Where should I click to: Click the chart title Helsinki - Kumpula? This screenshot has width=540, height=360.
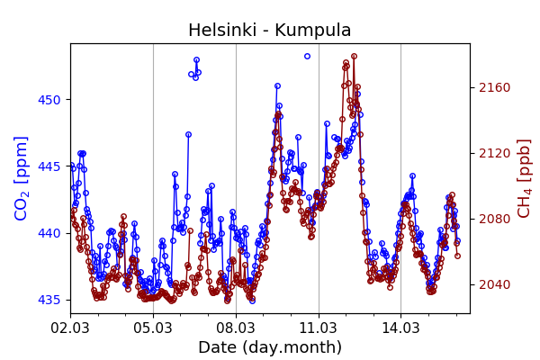[270, 31]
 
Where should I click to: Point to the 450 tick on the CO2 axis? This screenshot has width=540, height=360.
[49, 99]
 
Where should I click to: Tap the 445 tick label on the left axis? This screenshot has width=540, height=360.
[49, 166]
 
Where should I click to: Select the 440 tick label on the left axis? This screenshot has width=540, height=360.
[49, 233]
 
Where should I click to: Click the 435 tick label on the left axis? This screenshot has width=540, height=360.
[49, 300]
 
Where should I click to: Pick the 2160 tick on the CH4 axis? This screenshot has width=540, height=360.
[494, 87]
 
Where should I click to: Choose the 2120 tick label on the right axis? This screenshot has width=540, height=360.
[494, 153]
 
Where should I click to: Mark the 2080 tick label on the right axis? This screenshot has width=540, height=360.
[494, 219]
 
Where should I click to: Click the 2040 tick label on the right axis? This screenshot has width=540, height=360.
[494, 284]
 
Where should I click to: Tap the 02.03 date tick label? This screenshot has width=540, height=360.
[70, 328]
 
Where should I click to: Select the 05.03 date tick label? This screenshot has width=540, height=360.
[153, 328]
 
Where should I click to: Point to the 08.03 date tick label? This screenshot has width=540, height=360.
[236, 328]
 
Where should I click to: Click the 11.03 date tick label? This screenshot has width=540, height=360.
[319, 328]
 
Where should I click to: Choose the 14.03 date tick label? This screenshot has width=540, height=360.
[401, 328]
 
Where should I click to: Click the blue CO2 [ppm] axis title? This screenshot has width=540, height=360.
[22, 178]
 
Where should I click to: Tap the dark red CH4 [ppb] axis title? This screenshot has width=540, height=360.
[525, 178]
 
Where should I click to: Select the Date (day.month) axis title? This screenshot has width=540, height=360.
[270, 347]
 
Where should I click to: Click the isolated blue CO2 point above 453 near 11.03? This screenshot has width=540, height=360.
[307, 56]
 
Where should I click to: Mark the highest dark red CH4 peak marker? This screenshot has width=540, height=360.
[354, 56]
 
